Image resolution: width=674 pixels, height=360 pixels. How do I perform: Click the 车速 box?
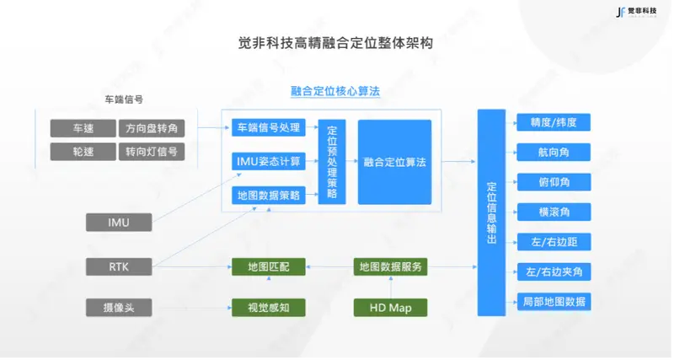coord(82,128)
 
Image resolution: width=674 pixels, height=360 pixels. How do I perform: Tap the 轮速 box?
coord(82,152)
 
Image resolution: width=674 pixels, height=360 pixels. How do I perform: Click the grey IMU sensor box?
coord(119,222)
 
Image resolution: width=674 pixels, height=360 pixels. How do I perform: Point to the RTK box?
coord(119,266)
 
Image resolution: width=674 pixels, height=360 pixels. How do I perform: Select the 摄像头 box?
coord(119,307)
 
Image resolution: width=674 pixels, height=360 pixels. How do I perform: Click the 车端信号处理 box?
coord(269,128)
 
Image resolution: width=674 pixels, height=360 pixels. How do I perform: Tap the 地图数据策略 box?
coord(269,196)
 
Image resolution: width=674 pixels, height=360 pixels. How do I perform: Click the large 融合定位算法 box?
coord(394,161)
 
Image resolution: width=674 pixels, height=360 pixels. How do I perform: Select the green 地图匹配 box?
coord(269,266)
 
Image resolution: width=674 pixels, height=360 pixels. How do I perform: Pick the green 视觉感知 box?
coord(269,307)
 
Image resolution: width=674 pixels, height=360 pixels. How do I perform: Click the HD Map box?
coord(389,307)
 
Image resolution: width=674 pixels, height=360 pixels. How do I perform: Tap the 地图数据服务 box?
coord(389,266)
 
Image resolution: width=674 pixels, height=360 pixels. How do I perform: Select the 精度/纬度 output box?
coord(553,121)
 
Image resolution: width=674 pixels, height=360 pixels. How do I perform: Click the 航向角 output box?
coord(553,152)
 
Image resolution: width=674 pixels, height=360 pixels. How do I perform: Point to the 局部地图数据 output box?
coord(553,301)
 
